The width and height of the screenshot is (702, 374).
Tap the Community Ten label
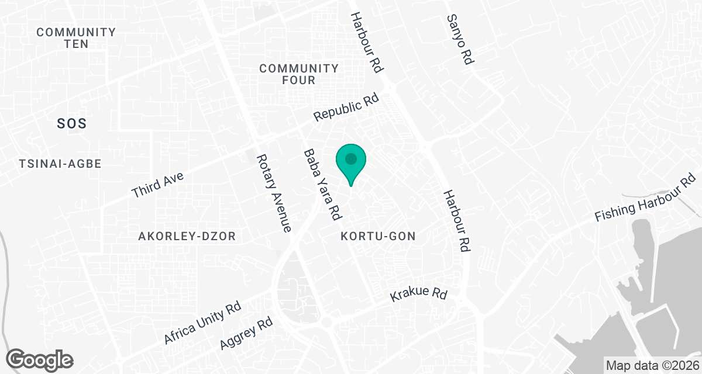76,38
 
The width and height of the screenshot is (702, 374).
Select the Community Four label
299,74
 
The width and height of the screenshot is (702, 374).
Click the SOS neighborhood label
72,123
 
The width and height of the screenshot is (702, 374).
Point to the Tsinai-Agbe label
60,164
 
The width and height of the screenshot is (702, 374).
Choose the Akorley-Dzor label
187,236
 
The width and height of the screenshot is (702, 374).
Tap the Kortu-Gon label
378,236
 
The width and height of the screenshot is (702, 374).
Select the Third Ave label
158,184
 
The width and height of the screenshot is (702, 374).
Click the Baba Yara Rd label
322,185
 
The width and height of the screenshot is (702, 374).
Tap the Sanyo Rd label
459,40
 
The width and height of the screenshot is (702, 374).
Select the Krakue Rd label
418,294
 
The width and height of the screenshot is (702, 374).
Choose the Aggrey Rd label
247,334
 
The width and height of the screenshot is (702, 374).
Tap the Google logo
40,359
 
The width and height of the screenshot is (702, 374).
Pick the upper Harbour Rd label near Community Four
366,43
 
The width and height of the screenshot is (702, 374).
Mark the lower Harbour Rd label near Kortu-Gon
457,220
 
